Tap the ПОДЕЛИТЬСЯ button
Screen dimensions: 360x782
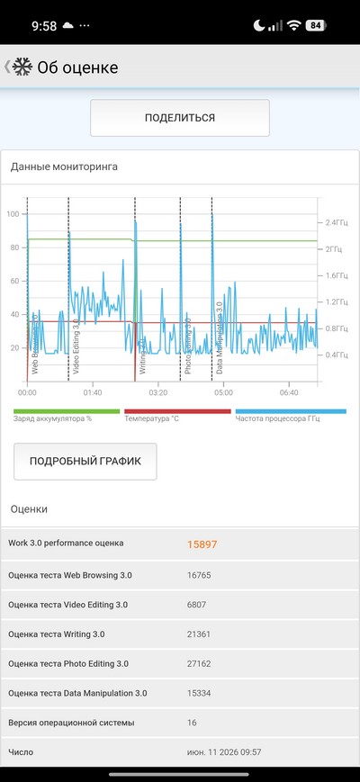179,118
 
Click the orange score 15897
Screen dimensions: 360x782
202,544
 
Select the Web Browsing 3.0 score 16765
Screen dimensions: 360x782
199,575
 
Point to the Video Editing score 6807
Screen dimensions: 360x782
196,605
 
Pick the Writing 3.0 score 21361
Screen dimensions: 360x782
198,634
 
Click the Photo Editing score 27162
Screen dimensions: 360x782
199,664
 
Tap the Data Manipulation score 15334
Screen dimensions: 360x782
199,693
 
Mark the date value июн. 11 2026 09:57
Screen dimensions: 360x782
224,752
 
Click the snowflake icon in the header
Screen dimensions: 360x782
22,67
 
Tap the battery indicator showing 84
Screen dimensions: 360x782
316,25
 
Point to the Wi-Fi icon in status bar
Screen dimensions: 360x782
294,25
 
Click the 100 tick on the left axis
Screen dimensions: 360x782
13,214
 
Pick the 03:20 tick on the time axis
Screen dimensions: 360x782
158,393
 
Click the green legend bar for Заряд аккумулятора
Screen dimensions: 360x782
67,411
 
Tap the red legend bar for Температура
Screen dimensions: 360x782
177,411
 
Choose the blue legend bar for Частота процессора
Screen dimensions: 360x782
291,411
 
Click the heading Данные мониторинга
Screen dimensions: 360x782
64,166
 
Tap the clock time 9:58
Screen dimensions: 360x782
44,26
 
